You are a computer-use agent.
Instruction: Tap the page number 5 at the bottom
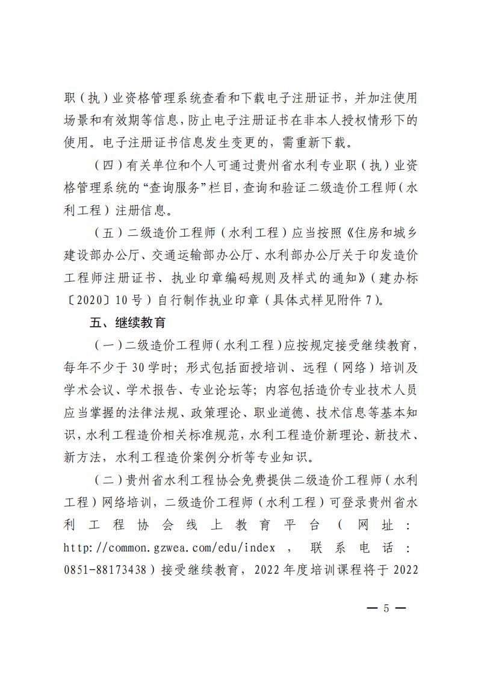click(386, 608)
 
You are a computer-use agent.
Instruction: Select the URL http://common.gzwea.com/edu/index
click(169, 547)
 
